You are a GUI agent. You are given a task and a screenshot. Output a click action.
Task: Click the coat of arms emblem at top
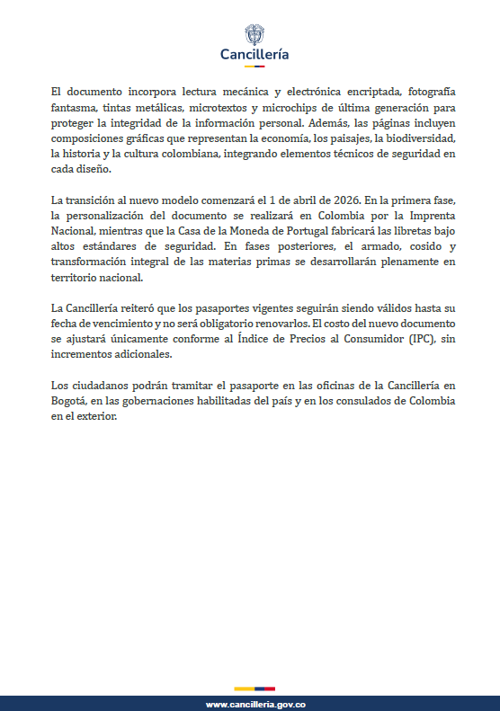(x=255, y=34)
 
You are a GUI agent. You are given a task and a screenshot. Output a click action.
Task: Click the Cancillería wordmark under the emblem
(x=254, y=54)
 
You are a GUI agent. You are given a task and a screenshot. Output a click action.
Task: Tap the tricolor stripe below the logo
(x=254, y=67)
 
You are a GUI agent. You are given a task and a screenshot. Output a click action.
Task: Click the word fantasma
(x=77, y=108)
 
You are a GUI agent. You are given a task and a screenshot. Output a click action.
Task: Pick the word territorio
(x=79, y=274)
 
